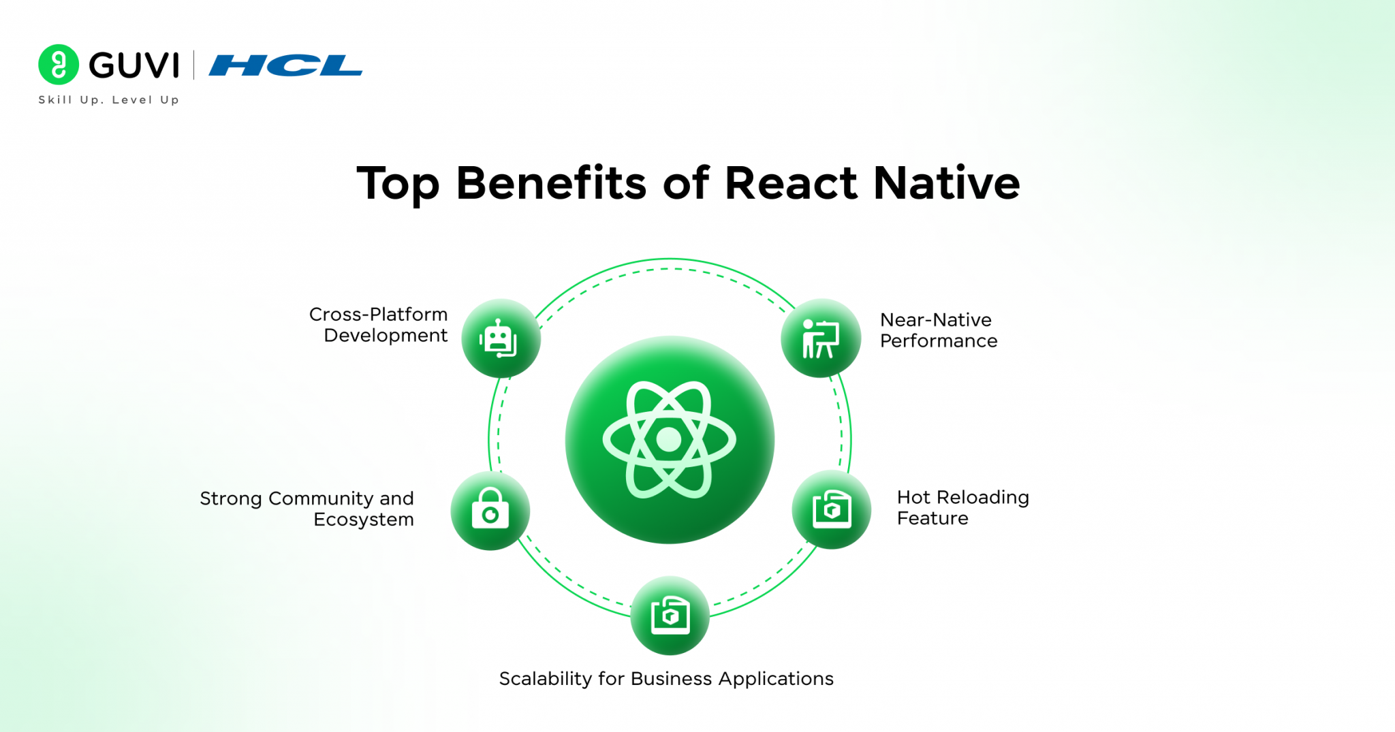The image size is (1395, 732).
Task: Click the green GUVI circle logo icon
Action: [x=59, y=65]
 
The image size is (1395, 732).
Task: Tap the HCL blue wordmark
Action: [x=285, y=65]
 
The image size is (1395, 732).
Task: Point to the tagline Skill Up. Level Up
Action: [x=109, y=100]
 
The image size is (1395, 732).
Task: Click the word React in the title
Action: [x=790, y=183]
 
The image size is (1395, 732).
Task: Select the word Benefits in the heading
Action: [x=550, y=183]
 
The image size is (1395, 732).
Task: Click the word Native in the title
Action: [x=946, y=183]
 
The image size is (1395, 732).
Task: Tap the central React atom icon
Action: [x=670, y=440]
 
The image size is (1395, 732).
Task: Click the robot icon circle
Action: [x=501, y=338]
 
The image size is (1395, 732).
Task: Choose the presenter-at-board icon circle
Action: [x=821, y=338]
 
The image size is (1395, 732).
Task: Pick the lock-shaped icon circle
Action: [x=490, y=511]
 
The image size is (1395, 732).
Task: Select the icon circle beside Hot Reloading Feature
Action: [x=831, y=509]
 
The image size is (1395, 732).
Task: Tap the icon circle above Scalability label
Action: [x=670, y=616]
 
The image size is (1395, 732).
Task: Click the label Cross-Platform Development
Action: [x=379, y=325]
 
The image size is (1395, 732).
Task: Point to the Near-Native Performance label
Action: [x=938, y=330]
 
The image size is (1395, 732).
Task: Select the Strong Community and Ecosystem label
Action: [x=307, y=509]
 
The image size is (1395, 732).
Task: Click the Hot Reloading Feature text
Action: [x=962, y=508]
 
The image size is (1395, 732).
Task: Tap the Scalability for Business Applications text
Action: [x=666, y=679]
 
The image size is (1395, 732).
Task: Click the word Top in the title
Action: [x=398, y=183]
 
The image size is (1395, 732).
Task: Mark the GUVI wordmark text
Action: [x=134, y=65]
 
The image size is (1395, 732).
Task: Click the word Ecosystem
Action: [x=364, y=520]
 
